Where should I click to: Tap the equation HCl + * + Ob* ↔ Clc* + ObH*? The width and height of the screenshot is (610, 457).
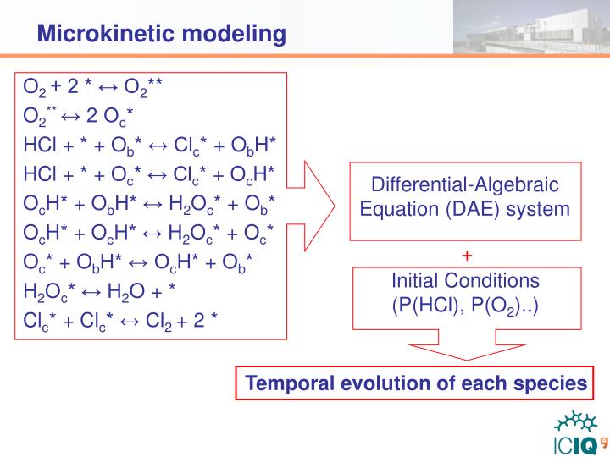[150, 145]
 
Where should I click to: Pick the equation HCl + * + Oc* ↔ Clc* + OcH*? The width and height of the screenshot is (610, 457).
[150, 173]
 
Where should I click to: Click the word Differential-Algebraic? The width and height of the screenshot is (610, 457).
[466, 185]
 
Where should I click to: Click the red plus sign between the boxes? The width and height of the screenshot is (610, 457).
[466, 255]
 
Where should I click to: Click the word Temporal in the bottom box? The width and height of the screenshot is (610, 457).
[285, 383]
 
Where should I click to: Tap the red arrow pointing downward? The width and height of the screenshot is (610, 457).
[465, 351]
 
